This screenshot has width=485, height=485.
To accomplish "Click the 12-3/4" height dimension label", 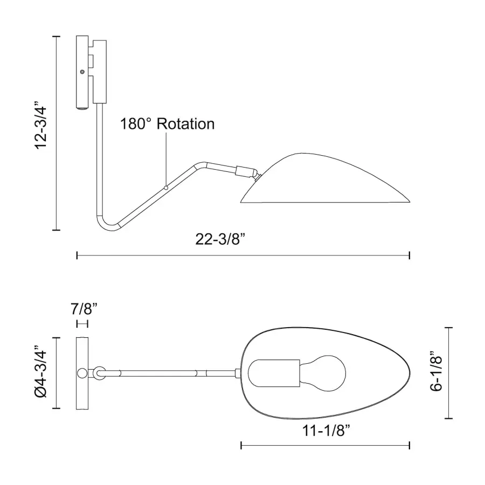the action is coord(41,125).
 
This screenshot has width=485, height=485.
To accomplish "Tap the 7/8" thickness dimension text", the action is coord(84,309).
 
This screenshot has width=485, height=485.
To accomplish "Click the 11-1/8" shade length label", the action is coord(325,430).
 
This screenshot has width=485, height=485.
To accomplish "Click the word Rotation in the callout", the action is coord(185,124).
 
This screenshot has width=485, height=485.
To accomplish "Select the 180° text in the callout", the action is coord(136,124).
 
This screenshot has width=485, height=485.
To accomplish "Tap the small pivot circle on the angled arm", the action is coord(166,188).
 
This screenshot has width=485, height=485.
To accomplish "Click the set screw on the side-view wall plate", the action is coord(82,72).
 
